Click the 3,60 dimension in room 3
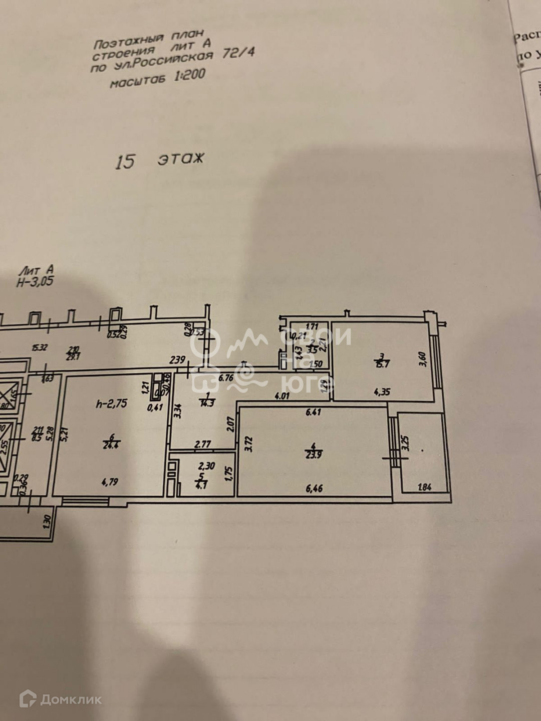pos(422,359)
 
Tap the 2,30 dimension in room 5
pos(206,466)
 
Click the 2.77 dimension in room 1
pos(202,443)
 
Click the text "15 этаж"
pos(160,161)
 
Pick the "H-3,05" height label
pos(35,282)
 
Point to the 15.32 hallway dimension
pos(40,347)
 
